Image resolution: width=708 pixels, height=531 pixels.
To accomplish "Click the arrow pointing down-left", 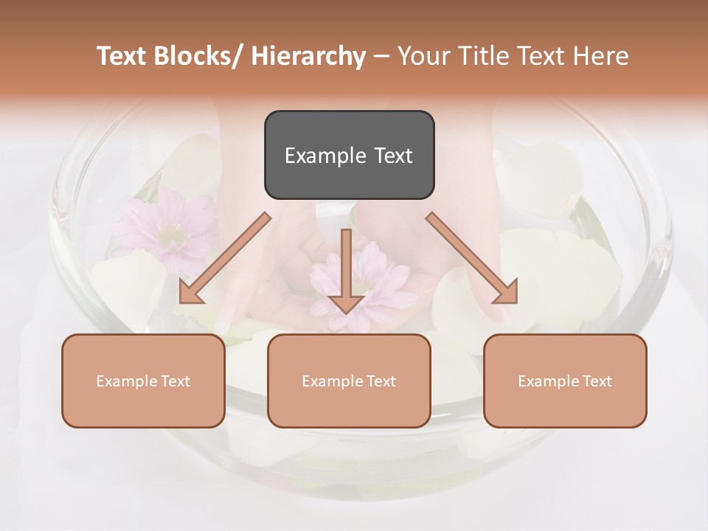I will pyautogui.click(x=224, y=258).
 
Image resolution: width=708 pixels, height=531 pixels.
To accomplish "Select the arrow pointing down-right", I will pyautogui.click(x=472, y=258).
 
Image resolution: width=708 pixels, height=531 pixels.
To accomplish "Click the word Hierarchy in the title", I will pyautogui.click(x=308, y=57).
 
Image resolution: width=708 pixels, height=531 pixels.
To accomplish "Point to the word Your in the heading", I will pyautogui.click(x=424, y=57).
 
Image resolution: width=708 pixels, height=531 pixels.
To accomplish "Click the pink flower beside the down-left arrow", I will pyautogui.click(x=166, y=225).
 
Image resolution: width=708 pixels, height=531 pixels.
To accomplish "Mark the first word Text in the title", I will pyautogui.click(x=122, y=57).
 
